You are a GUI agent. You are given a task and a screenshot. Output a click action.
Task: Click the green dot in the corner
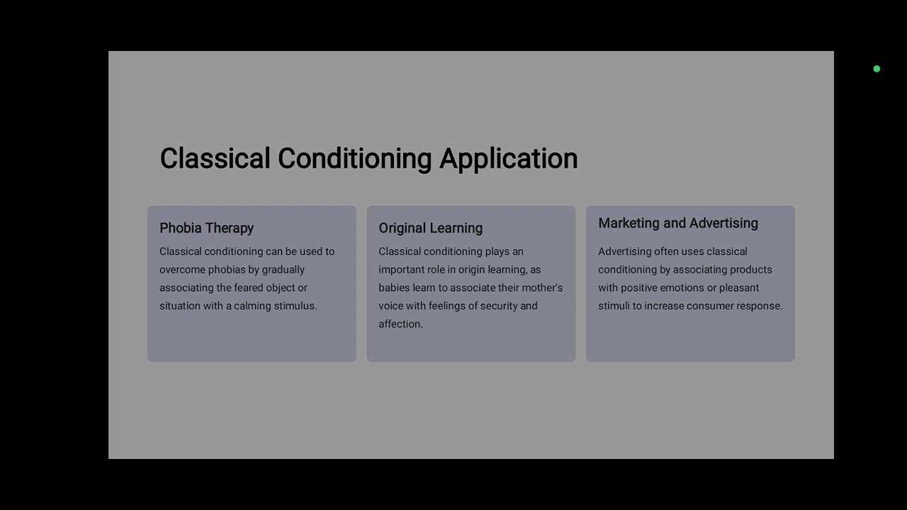click(x=877, y=69)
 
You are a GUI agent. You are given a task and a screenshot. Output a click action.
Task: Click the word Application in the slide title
click(x=508, y=159)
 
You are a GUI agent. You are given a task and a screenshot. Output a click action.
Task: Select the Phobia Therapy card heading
click(x=206, y=228)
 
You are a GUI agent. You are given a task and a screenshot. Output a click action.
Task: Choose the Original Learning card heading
click(x=430, y=228)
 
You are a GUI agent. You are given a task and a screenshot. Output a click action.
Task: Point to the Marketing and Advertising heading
click(x=677, y=223)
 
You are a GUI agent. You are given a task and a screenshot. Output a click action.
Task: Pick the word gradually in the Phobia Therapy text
click(x=283, y=270)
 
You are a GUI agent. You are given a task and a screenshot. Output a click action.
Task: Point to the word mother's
click(x=542, y=288)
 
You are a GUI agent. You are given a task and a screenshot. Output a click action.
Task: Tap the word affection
click(x=399, y=324)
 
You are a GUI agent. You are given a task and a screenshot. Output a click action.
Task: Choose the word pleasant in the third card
click(x=739, y=288)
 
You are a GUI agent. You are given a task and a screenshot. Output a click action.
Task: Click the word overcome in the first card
click(x=182, y=270)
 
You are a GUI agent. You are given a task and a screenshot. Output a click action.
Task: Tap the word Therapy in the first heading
click(x=230, y=228)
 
